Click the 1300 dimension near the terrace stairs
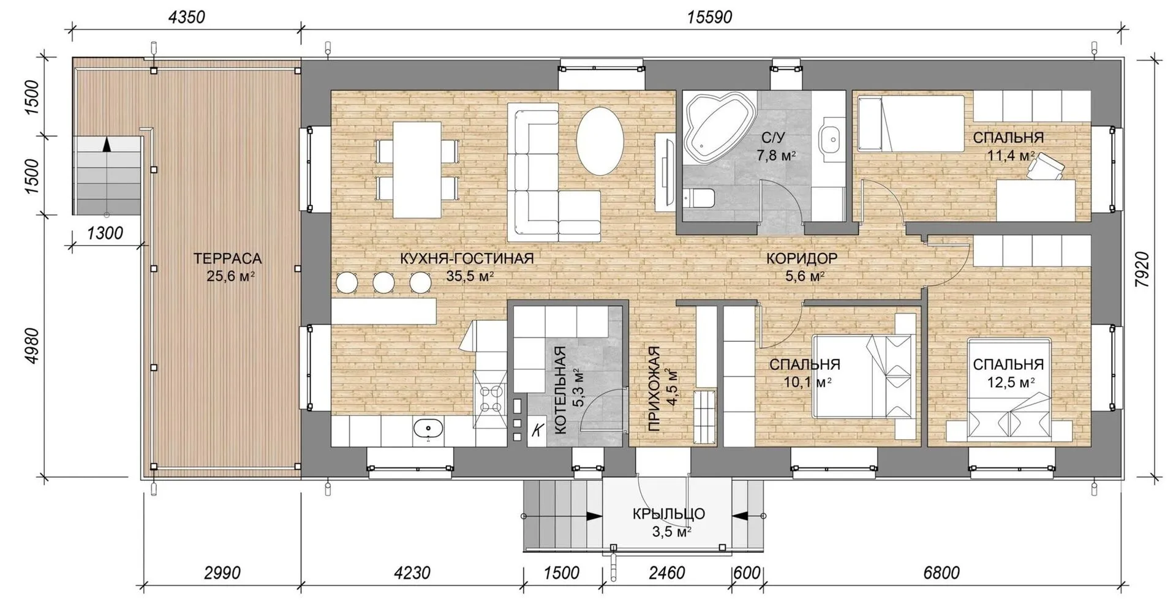(105, 233)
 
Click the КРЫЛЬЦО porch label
(669, 514)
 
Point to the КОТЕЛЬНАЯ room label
(559, 390)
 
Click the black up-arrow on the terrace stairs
(107, 144)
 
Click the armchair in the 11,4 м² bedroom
(1046, 166)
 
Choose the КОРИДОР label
(801, 258)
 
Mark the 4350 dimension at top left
(186, 17)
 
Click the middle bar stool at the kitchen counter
(384, 282)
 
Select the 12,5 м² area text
(1011, 382)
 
